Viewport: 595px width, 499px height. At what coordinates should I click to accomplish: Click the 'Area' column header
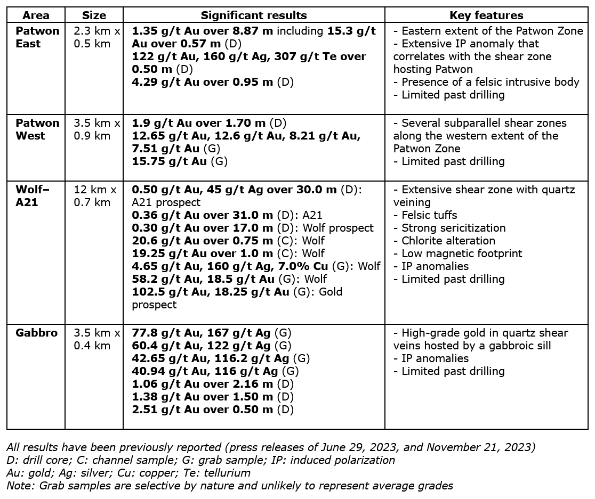[36, 15]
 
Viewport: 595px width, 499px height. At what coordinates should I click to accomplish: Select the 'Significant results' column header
[254, 15]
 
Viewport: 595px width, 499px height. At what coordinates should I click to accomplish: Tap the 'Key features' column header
[486, 15]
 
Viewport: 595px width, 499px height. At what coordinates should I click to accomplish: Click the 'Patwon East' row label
[37, 37]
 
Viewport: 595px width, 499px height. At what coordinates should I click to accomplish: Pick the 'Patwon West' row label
[37, 129]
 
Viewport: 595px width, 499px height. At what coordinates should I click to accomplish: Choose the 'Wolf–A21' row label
[29, 196]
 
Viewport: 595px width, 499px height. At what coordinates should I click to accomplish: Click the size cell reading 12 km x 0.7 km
[94, 196]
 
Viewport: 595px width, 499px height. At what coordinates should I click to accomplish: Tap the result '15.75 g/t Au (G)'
[180, 161]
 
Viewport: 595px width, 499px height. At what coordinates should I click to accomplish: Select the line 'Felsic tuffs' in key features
[429, 215]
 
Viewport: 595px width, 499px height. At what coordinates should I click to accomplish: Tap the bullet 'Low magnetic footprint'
[462, 253]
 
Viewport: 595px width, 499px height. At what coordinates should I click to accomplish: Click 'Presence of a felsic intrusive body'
[490, 82]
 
